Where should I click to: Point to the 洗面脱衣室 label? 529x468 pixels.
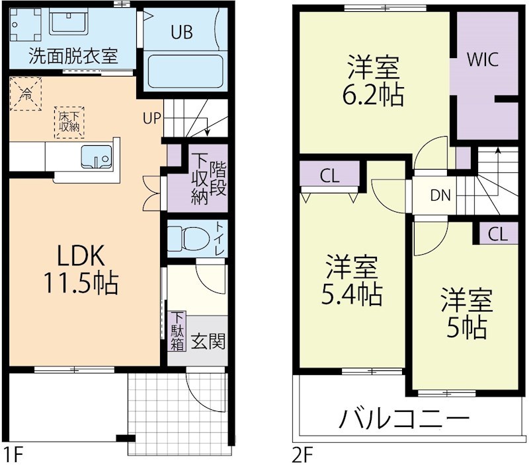click(x=73, y=57)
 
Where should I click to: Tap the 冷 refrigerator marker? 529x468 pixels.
click(x=27, y=93)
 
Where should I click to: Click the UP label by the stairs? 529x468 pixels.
click(x=151, y=119)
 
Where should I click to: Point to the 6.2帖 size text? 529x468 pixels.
click(x=374, y=96)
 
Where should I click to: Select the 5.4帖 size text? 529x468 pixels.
click(x=352, y=295)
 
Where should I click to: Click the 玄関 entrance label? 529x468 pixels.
click(x=208, y=341)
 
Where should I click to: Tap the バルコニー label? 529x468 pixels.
click(x=405, y=418)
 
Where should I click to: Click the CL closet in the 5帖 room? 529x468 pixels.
click(x=499, y=234)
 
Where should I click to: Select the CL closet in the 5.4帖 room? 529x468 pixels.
click(x=330, y=176)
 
